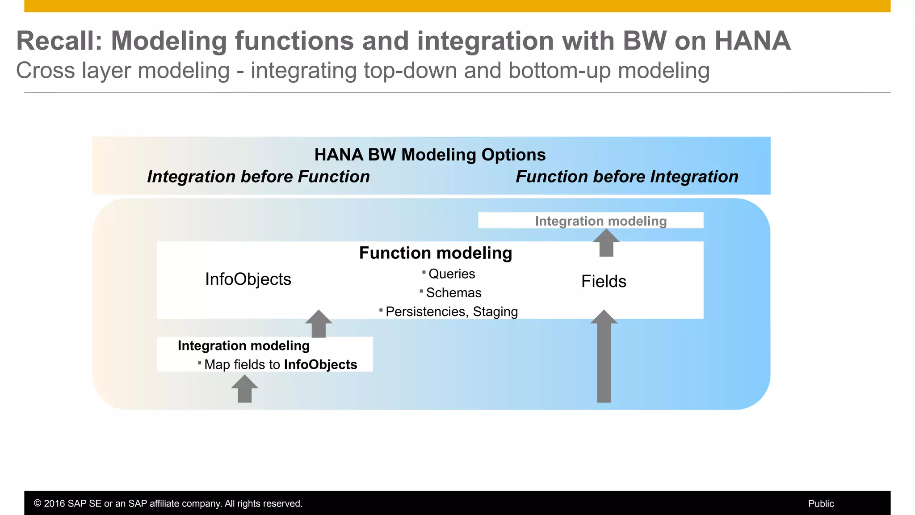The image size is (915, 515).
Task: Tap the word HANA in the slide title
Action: [x=752, y=41]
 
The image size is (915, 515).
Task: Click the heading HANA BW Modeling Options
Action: [x=430, y=155]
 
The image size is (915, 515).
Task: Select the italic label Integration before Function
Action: [x=258, y=177]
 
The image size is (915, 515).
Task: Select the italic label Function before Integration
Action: [x=627, y=177]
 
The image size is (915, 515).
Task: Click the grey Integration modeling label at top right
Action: [x=600, y=221]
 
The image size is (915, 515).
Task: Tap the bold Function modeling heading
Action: [x=436, y=253]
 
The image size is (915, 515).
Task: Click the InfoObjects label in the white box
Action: [x=248, y=279]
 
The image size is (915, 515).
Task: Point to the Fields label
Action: [x=604, y=281]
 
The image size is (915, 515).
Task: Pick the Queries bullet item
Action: [x=451, y=274]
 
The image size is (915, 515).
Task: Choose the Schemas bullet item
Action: [x=453, y=292]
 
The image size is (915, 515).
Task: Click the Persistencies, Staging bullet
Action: [x=451, y=312]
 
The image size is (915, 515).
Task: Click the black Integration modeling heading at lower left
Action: [x=243, y=346]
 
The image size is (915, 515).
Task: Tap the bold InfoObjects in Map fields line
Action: [x=320, y=364]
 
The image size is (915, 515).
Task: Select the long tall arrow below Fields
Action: [x=604, y=358]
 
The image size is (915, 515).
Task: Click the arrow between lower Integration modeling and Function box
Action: [x=319, y=324]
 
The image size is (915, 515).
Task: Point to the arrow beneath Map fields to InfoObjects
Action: [x=244, y=389]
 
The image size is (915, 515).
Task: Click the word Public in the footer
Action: [x=821, y=503]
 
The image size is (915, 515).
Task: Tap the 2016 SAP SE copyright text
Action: [x=168, y=503]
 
